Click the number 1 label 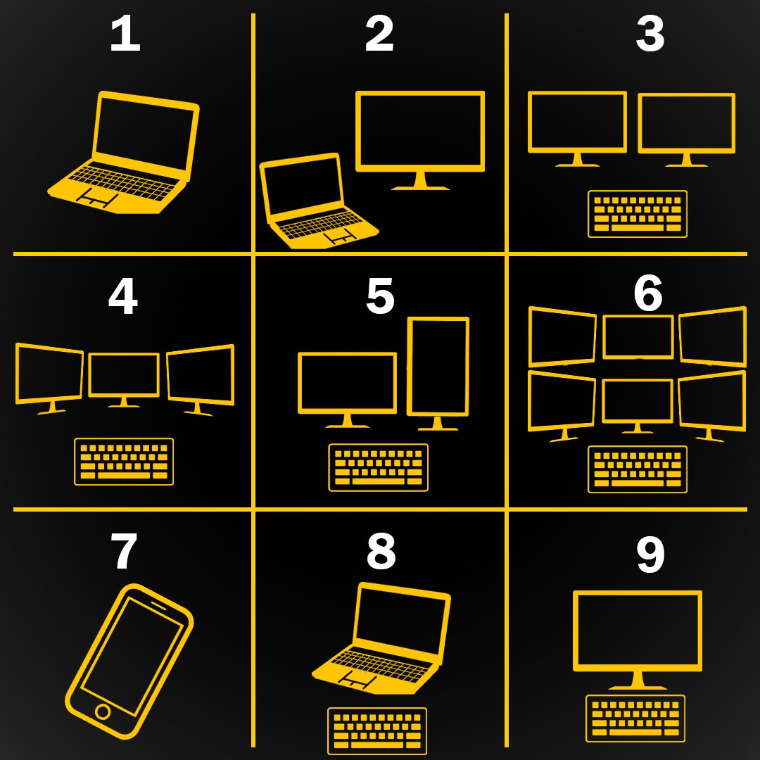(125, 33)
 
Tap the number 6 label (648, 293)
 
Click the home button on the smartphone (103, 711)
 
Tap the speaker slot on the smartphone (158, 605)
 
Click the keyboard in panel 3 (638, 214)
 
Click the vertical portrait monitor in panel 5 (438, 373)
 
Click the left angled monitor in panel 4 (49, 379)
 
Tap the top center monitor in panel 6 (638, 337)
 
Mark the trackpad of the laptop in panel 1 (99, 198)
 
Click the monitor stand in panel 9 (638, 680)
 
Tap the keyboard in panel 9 (635, 718)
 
